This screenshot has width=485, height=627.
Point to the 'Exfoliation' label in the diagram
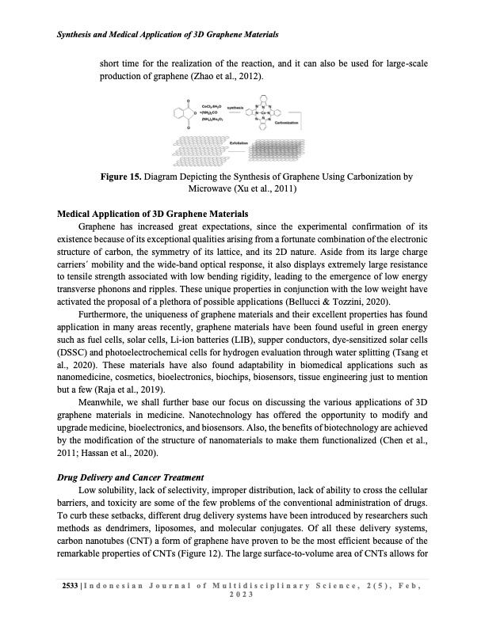click(x=239, y=142)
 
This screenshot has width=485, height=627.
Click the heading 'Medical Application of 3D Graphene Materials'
click(x=142, y=214)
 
